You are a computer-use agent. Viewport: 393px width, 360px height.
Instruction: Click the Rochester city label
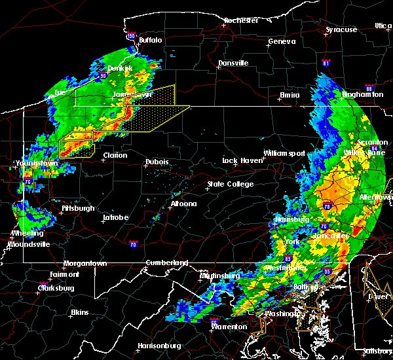pos(240,20)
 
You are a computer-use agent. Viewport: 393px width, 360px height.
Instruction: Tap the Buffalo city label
pos(150,40)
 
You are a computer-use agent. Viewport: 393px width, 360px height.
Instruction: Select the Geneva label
pos(282,42)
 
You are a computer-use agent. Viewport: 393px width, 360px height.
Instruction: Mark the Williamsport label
pos(284,153)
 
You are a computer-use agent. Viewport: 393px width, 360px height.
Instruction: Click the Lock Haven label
pos(239,160)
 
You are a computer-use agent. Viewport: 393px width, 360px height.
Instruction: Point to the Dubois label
pos(157,162)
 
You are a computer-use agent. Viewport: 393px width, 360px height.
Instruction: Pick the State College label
pos(231,185)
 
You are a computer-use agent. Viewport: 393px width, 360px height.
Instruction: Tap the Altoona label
pos(183,204)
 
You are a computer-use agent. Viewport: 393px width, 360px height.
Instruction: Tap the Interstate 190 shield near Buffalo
pos(131,36)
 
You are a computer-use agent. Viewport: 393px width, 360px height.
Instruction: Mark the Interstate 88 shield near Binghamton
pos(369,88)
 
